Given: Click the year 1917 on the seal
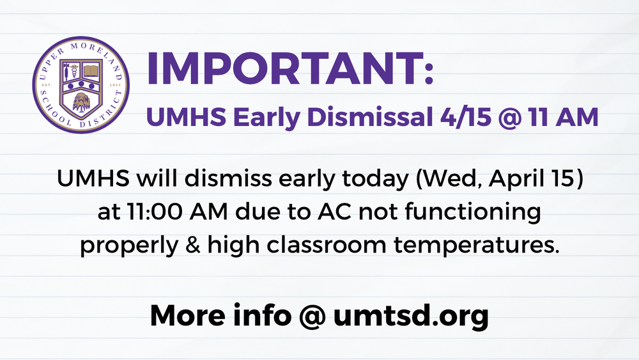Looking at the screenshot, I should click(116, 85).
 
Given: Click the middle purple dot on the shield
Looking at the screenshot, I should click(81, 84).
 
